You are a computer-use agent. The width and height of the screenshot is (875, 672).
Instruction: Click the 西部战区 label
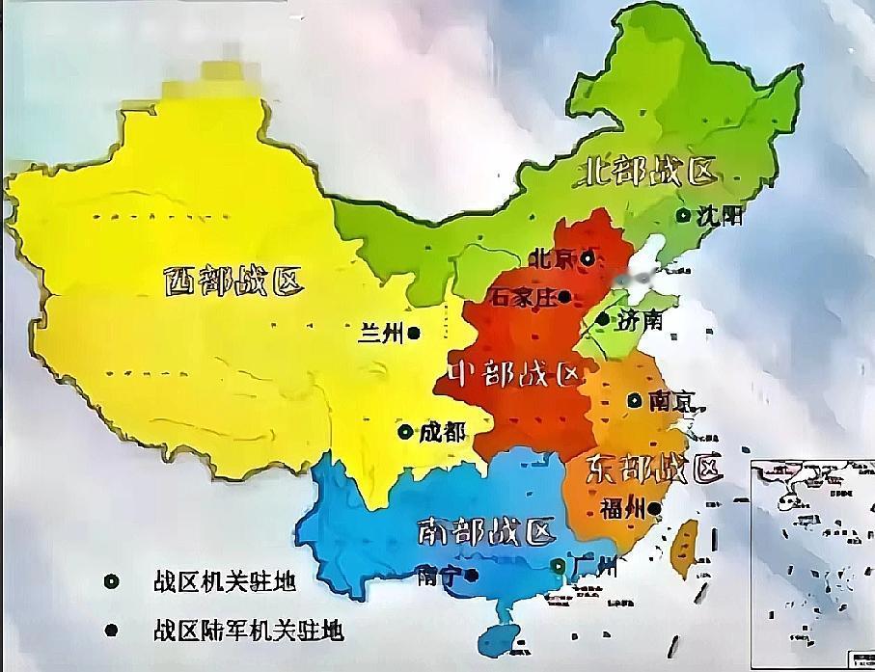click(232, 282)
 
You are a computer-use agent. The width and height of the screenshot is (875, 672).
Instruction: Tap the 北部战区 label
click(649, 172)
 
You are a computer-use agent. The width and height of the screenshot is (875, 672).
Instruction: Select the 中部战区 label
click(516, 374)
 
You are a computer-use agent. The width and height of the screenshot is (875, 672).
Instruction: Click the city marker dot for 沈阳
click(683, 216)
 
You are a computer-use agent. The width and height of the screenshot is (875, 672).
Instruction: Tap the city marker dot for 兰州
click(413, 334)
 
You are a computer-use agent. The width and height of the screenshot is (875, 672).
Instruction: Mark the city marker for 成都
click(404, 432)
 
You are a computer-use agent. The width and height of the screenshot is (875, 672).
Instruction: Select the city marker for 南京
click(634, 400)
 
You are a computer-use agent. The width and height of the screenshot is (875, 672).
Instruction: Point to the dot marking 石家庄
click(564, 297)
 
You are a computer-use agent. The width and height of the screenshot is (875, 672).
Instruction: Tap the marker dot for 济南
click(603, 319)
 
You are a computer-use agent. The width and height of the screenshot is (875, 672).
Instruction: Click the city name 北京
click(552, 258)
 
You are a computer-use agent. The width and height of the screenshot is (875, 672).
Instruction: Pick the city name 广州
click(593, 567)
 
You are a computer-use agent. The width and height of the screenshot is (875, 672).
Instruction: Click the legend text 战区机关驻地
click(223, 581)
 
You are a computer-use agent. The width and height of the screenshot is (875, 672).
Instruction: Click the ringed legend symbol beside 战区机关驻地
click(112, 581)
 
